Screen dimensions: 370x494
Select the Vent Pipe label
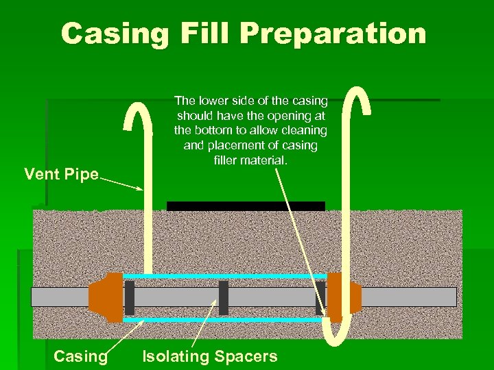[x=61, y=173]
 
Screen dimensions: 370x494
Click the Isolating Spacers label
[x=209, y=356]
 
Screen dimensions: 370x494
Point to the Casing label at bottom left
[x=80, y=356]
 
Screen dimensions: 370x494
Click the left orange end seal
[x=104, y=297]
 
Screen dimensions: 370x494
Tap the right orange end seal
[x=342, y=297]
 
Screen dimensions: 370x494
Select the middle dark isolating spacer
[x=223, y=297]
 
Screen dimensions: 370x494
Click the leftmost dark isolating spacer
[x=130, y=297]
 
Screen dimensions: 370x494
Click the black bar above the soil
[x=246, y=206]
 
